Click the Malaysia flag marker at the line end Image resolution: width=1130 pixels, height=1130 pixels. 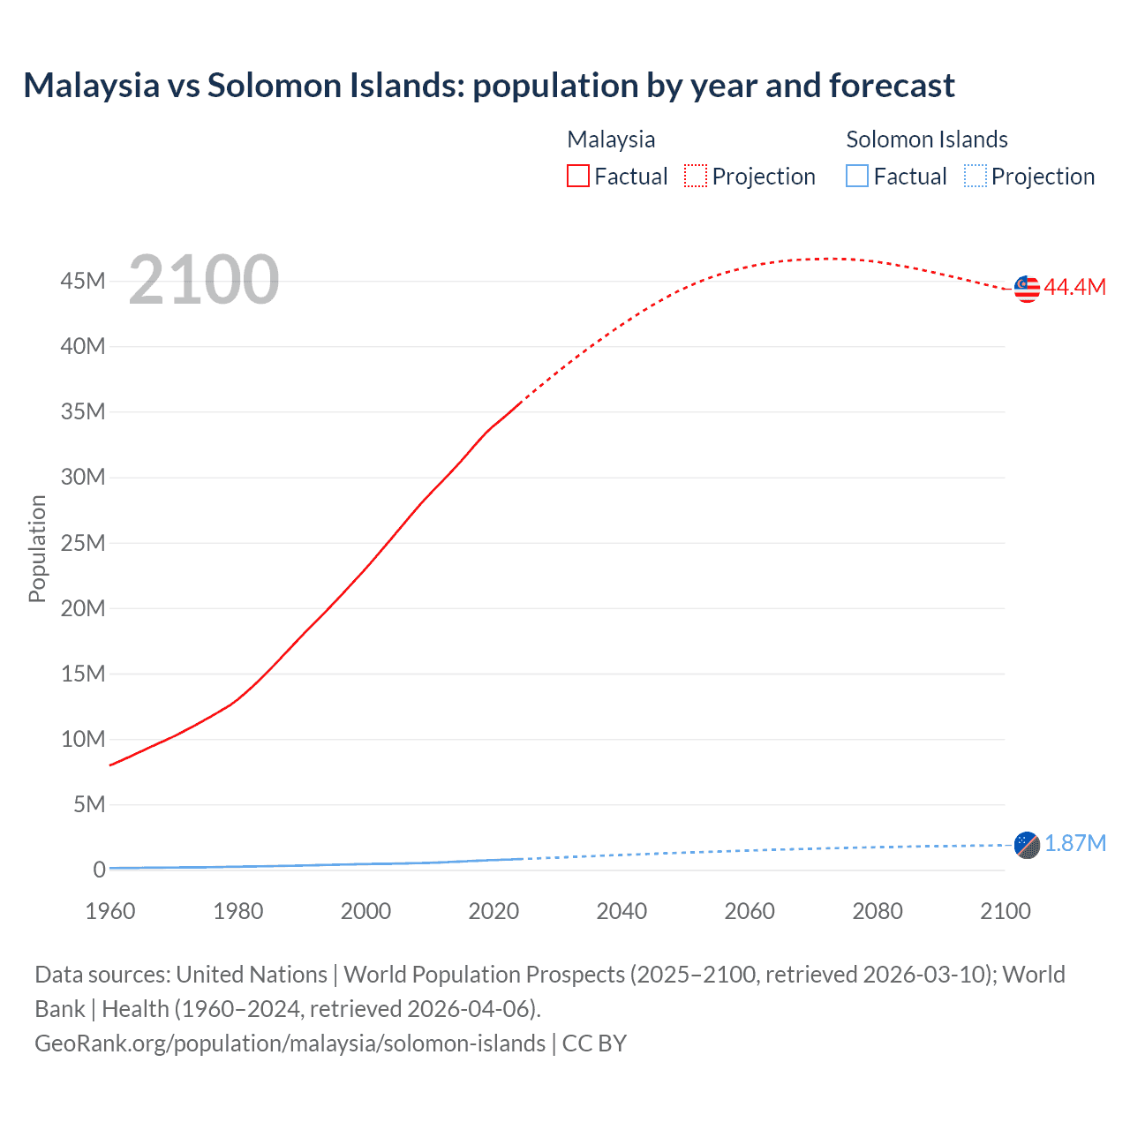(1027, 289)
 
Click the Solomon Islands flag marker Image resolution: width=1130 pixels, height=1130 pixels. (1027, 845)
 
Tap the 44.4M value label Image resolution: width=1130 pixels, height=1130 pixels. (1074, 287)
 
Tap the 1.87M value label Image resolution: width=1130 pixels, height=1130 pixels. (1074, 843)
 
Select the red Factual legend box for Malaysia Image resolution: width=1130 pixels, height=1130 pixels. (577, 177)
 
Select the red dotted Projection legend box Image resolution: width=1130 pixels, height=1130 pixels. (696, 177)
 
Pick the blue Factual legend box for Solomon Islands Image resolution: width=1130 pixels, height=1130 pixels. (857, 177)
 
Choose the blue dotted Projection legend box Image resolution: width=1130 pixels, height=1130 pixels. (976, 177)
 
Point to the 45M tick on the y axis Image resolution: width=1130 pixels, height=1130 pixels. (83, 282)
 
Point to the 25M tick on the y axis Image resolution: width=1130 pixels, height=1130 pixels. (83, 543)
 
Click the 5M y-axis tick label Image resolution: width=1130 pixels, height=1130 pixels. (89, 804)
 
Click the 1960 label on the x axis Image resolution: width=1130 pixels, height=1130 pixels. (110, 911)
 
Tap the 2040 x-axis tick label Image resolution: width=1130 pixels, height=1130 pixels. (621, 911)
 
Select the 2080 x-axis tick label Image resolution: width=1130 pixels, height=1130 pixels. (878, 911)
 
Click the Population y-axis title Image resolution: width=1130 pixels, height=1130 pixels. (37, 548)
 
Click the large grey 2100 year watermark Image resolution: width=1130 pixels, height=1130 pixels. (204, 280)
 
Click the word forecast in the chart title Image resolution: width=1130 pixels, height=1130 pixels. (892, 86)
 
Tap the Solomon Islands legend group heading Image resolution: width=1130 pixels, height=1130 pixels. (927, 139)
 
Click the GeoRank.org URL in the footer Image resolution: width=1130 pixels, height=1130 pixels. (290, 1043)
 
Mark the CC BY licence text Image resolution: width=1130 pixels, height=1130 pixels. (594, 1043)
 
